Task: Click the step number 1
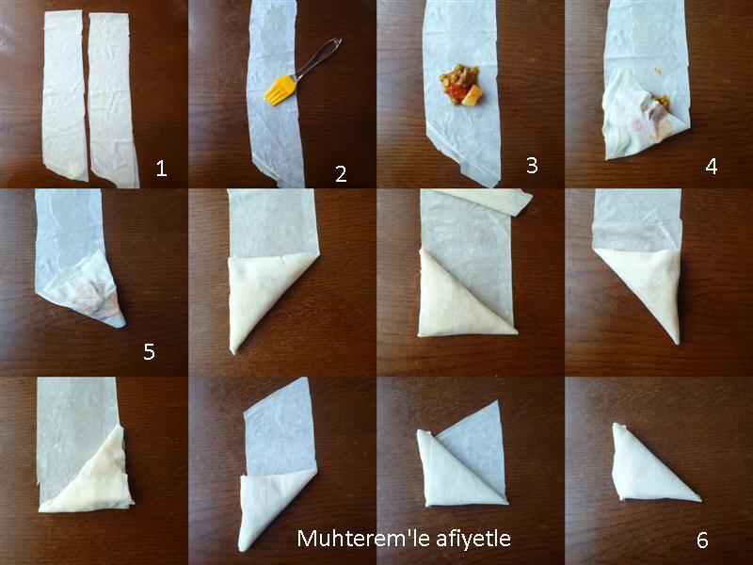pos(161,169)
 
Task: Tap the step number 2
pos(341,174)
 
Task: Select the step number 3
pos(532,166)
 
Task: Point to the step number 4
pos(712,167)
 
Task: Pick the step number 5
pos(149,352)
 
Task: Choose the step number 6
pos(702,541)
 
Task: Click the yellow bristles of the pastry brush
pos(279,90)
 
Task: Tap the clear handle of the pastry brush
pos(318,58)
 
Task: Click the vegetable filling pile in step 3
pos(460,85)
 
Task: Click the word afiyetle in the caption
pos(473,539)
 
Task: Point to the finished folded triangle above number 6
pos(649,468)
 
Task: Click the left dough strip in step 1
pos(65,95)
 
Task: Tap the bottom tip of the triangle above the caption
pos(243,548)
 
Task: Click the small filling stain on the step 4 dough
pos(657,72)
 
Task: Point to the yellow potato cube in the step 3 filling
pos(473,95)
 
